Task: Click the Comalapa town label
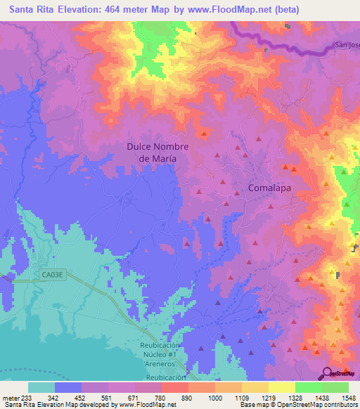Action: pos(270,188)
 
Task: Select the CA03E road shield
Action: pos(51,276)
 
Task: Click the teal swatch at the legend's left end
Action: pos(41,387)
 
